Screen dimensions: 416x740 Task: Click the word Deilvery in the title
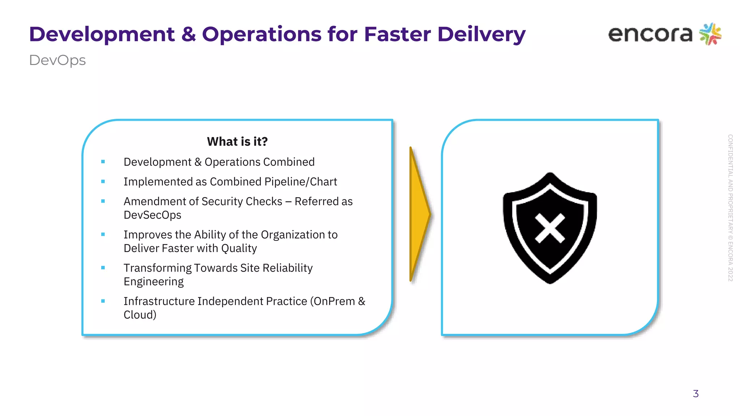(481, 35)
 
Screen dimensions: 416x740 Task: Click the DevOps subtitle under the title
(57, 60)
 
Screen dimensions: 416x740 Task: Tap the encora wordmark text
(650, 34)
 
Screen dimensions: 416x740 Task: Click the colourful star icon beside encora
(710, 34)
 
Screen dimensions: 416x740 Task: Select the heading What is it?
(237, 142)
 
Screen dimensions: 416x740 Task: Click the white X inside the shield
(550, 228)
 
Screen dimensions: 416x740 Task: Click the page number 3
(696, 394)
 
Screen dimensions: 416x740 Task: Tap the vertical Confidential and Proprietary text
(730, 208)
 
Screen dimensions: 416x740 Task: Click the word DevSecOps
(152, 215)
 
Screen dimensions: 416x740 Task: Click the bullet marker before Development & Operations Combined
(103, 162)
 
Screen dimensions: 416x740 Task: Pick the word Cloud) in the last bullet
(140, 315)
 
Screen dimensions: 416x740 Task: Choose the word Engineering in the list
(154, 282)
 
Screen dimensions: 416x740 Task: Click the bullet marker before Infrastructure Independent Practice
(103, 301)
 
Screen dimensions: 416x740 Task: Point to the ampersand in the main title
(188, 35)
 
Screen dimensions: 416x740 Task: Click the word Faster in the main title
(398, 35)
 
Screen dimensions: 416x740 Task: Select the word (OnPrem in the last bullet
(332, 301)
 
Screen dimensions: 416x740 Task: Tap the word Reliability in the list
(288, 268)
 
